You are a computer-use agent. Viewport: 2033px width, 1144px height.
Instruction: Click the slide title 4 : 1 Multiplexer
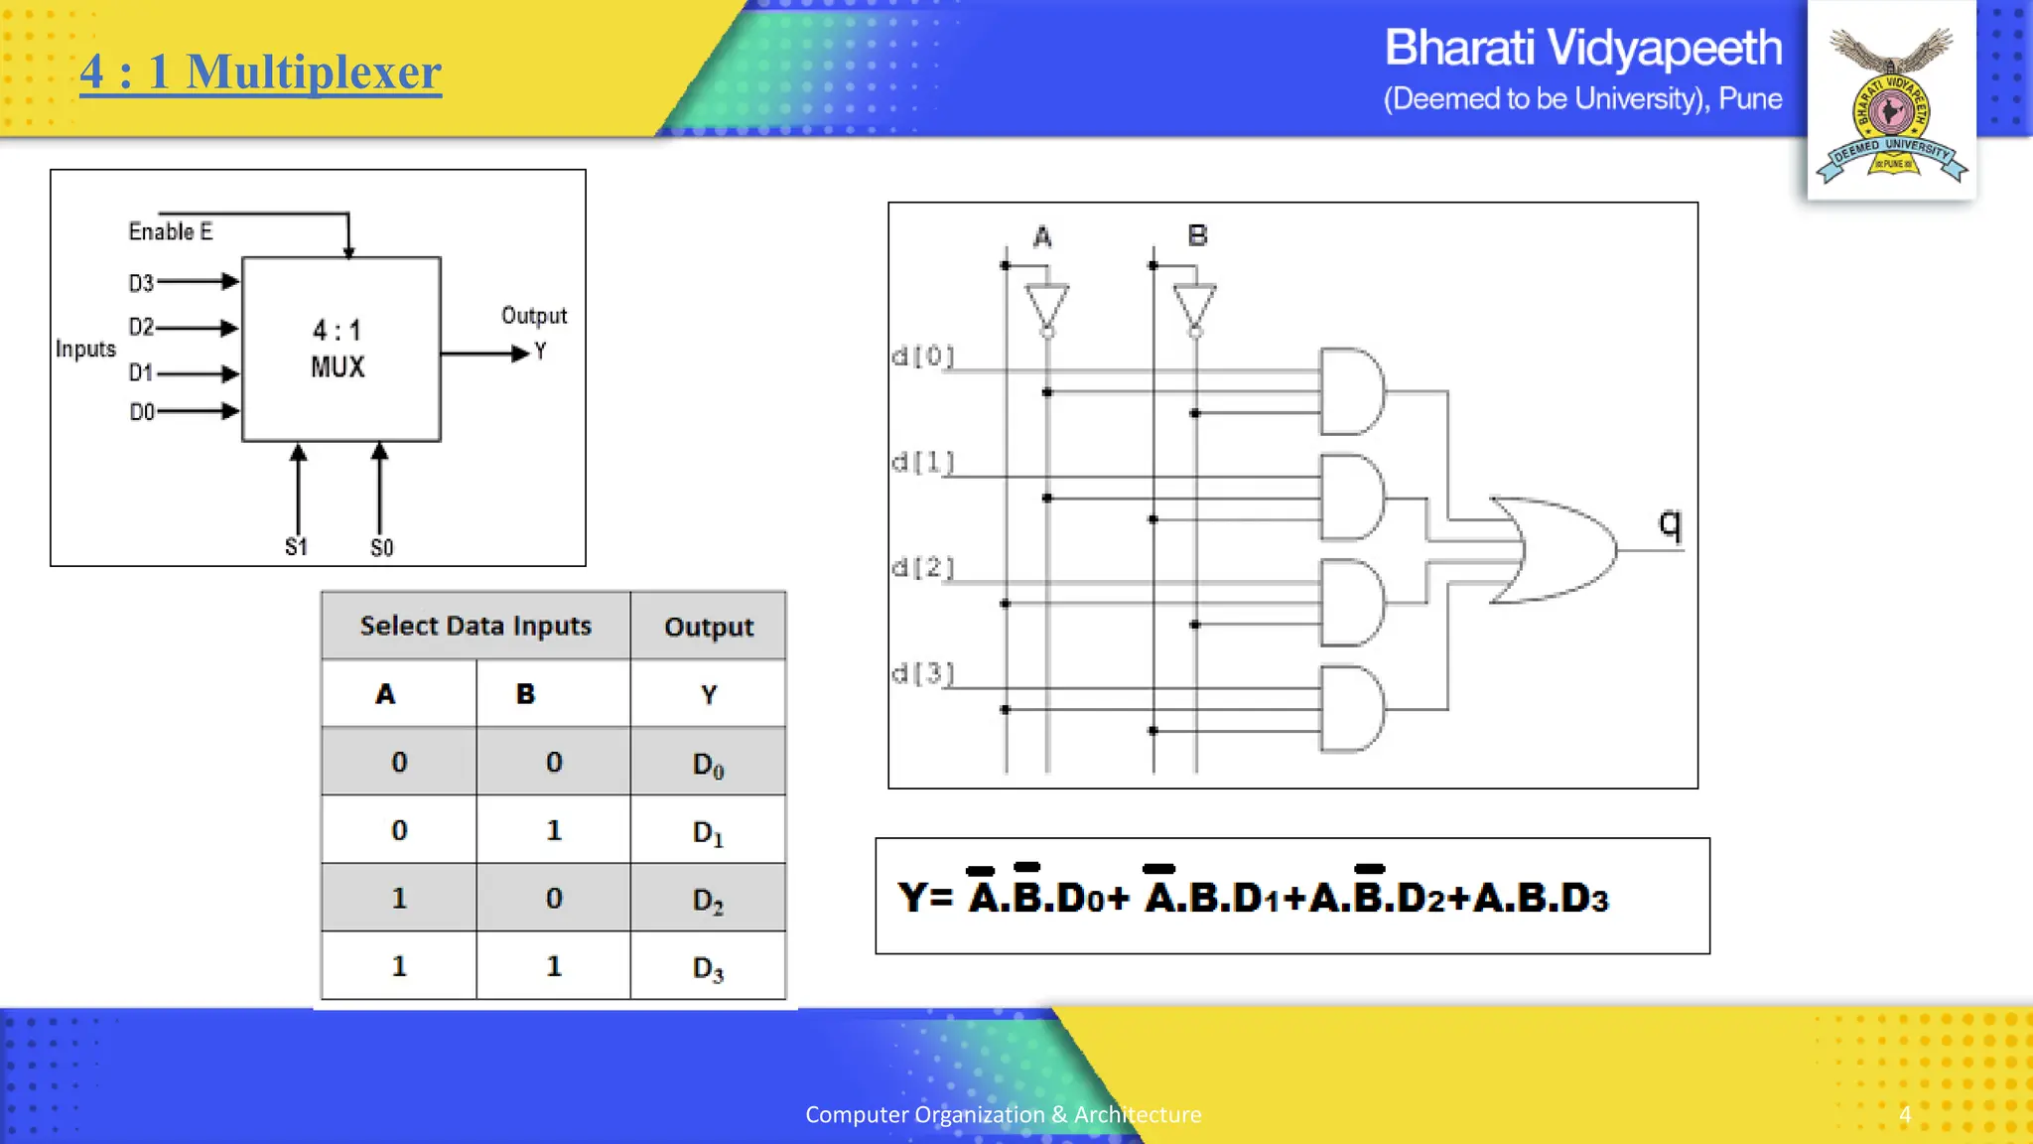260,71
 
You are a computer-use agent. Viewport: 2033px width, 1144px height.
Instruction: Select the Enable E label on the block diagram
170,231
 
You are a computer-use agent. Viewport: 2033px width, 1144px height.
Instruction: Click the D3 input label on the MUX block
141,283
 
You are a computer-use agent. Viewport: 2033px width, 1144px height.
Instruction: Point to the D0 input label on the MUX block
142,411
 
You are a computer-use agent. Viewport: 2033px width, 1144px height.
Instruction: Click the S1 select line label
296,547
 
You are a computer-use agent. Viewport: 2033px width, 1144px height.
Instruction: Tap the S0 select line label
381,548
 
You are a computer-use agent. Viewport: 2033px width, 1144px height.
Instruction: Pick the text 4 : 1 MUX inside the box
338,349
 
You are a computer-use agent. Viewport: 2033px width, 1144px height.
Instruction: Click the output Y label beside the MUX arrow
540,352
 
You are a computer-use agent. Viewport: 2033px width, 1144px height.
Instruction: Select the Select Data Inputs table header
475,626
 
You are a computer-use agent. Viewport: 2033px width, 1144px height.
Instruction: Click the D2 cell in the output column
708,900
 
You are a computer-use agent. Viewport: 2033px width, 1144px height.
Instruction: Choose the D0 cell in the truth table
708,764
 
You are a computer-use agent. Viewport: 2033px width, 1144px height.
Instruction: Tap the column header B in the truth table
525,694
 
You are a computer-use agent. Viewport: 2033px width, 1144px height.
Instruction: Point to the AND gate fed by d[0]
1350,391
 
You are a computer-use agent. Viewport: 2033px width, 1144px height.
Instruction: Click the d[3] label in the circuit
922,673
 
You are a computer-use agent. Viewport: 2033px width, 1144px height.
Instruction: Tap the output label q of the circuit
1670,523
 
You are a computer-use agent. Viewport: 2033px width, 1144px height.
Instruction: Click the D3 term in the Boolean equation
1584,898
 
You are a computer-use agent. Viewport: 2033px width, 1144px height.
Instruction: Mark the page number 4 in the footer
1904,1114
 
